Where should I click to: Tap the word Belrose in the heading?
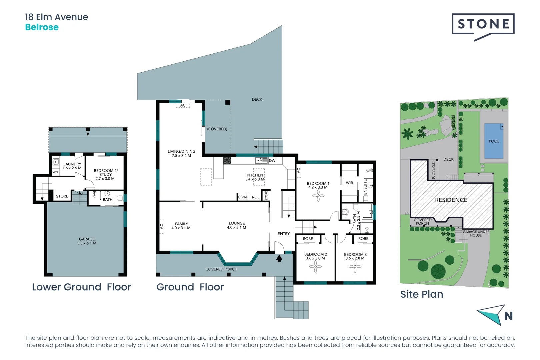coord(42,27)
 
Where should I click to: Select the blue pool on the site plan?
coord(494,141)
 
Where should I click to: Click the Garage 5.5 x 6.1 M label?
coord(87,241)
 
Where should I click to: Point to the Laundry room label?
coord(72,166)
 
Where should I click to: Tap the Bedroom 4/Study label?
coord(106,174)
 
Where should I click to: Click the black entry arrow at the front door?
coord(279,258)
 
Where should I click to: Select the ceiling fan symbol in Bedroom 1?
coord(318,196)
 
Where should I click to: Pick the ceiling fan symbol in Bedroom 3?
coord(355,266)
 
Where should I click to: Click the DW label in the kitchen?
coord(272,161)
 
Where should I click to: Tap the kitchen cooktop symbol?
coord(227,160)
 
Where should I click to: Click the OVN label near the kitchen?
coord(242,197)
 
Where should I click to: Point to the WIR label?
coord(349,183)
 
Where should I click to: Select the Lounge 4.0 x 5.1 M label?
coord(236,225)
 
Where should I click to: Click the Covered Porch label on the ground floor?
coord(221,269)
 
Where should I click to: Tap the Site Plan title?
coord(422,294)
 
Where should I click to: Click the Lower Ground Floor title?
coord(81,287)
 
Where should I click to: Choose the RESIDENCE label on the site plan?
coord(451,200)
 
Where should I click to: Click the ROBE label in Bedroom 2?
coord(308,238)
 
